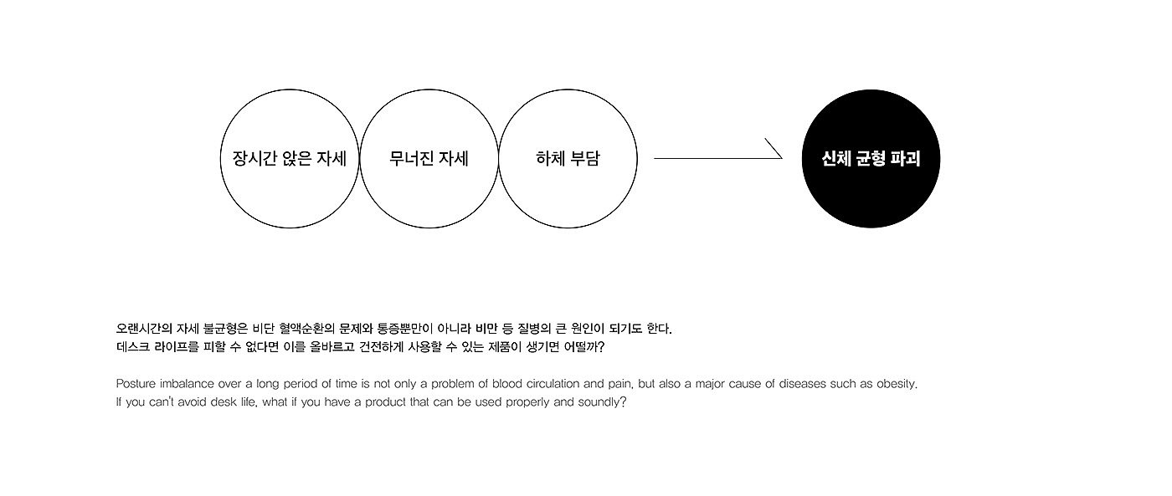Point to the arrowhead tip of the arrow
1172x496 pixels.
click(781, 157)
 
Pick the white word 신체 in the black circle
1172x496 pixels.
click(838, 158)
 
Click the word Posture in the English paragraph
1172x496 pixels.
click(136, 384)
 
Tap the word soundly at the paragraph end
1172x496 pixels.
click(604, 402)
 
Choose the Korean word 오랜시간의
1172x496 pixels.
click(144, 329)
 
